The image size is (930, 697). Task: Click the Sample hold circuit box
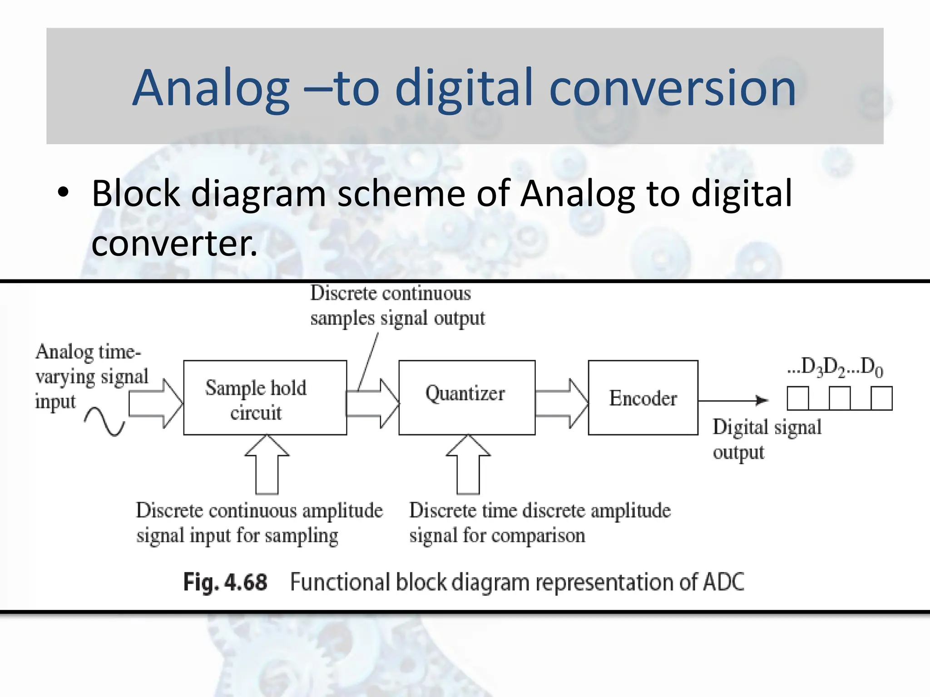[265, 398]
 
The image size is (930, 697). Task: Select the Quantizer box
[466, 398]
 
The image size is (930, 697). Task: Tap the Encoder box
[643, 398]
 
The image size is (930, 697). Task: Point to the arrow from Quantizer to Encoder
[561, 403]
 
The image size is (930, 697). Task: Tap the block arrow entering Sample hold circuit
[155, 403]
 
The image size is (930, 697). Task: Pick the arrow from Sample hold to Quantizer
[372, 403]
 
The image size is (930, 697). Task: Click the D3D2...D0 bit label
[835, 367]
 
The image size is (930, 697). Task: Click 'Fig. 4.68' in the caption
[225, 582]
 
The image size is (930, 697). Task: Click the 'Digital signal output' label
[766, 439]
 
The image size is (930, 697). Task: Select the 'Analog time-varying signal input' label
[91, 377]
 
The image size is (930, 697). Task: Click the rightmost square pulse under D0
[881, 398]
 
